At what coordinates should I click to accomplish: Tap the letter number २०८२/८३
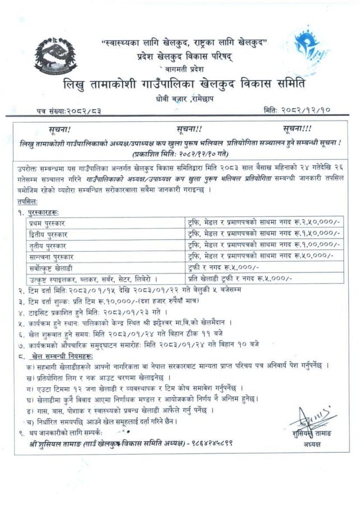[x=85, y=111]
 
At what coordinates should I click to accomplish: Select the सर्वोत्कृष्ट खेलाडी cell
[x=52, y=267]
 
